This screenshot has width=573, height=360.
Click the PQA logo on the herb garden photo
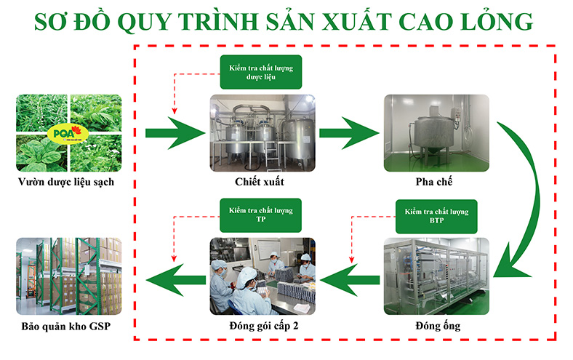coord(68,134)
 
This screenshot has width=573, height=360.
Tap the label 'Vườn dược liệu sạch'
coord(66,182)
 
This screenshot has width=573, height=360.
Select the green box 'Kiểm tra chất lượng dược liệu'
coord(261,72)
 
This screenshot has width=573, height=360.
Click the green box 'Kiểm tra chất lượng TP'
coord(260,215)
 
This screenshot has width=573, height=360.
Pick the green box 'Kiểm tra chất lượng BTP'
coord(436,216)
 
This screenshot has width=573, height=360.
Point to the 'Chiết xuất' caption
coord(260,182)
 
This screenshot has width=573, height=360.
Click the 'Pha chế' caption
coord(434,181)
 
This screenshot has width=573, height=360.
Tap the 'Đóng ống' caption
coord(438,325)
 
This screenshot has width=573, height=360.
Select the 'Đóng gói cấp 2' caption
coord(264,326)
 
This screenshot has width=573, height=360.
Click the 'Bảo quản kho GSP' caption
coord(66,326)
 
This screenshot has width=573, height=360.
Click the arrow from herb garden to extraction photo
coord(175,133)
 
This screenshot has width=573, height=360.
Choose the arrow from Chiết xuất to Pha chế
coord(349,133)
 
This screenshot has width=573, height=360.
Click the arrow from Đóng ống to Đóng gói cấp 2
coord(350,280)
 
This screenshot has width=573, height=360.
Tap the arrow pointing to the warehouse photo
coord(176,280)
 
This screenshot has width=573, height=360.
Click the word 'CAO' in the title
coord(425,22)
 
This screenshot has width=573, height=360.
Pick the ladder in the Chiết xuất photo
coord(271,154)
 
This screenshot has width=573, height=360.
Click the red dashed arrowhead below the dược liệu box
coord(175,111)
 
